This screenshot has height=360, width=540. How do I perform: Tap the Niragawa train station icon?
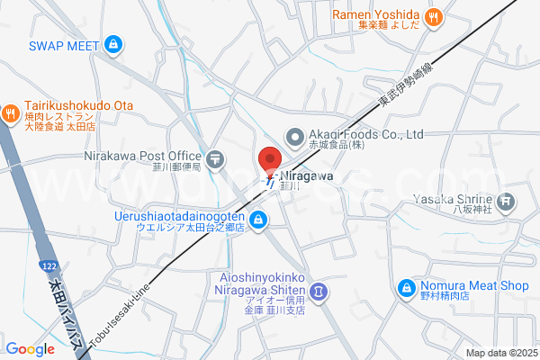click(269, 181)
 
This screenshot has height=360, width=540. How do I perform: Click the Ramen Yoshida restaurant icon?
click(434, 15)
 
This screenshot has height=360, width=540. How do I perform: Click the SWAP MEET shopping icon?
click(112, 43)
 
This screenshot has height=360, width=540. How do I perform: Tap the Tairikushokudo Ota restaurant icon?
click(10, 112)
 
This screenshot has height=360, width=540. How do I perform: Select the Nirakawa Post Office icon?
click(215, 160)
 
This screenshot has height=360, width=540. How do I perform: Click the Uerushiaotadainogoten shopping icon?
click(258, 219)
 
